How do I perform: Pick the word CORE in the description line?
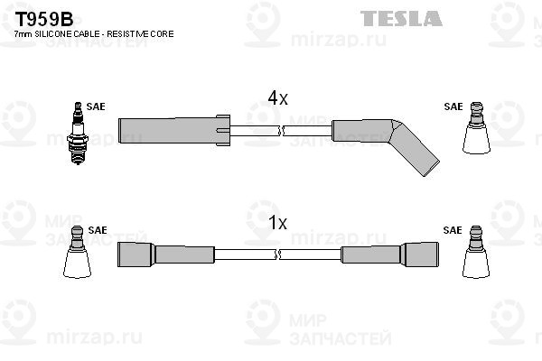pos(164,33)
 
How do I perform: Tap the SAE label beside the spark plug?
pos(96,106)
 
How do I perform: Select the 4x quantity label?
pos(277,98)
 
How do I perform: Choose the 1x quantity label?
pos(277,222)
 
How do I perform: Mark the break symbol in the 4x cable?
pos(282,132)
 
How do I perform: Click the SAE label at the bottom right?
pos(453,230)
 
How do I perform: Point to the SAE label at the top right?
pos(453,106)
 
